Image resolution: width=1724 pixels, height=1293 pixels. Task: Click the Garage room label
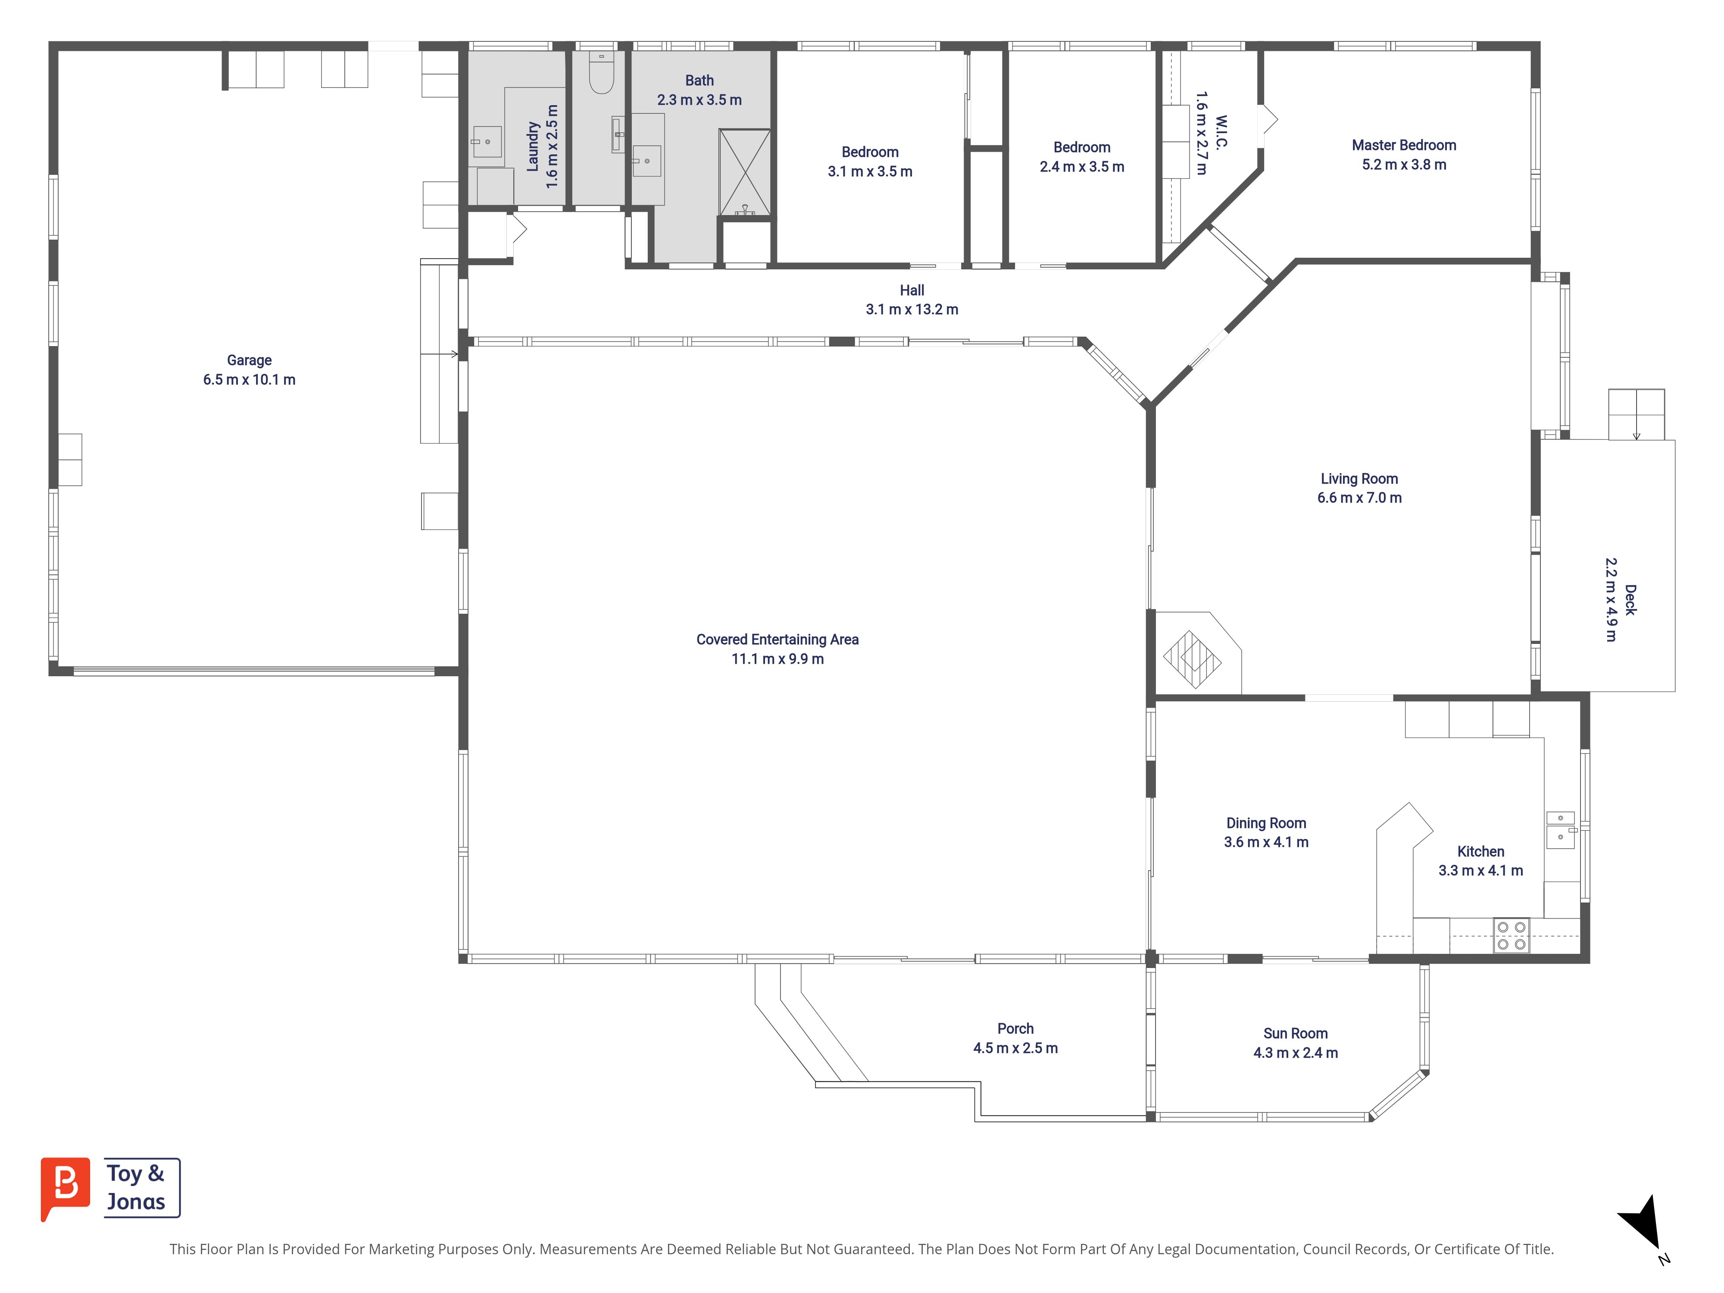coord(250,360)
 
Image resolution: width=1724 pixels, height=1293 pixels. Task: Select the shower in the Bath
coord(744,172)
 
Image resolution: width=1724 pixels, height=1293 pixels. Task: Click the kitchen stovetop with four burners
coord(1511,935)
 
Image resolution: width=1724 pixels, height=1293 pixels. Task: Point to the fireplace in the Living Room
coord(1193,659)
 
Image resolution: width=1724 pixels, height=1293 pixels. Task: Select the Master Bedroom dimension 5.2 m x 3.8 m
coord(1404,165)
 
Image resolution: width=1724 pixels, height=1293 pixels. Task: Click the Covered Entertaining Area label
coord(777,639)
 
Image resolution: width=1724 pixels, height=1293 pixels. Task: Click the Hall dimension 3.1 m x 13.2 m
coord(912,309)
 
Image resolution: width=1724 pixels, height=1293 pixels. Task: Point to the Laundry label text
coord(533,147)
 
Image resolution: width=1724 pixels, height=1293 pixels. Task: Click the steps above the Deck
coord(1636,415)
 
